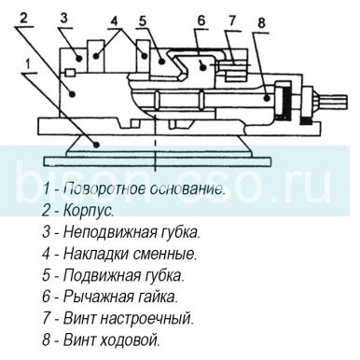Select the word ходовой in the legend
tap(132, 339)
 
